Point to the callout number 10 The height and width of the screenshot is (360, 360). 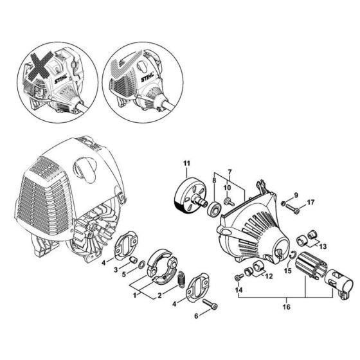226,188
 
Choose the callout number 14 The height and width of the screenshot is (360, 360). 239,291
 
